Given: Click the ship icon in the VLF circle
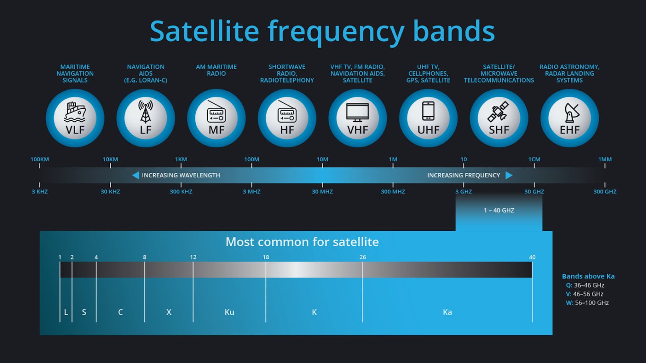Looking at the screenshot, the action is [75, 112].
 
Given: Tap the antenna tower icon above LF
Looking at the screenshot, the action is [146, 112].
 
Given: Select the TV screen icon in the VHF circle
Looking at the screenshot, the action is [358, 112].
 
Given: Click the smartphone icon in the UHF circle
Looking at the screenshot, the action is [428, 111].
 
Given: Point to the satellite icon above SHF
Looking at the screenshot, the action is [498, 112].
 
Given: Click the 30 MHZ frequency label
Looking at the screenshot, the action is [322, 192].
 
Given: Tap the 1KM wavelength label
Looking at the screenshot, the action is [181, 159].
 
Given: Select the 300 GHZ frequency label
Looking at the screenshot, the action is [605, 192].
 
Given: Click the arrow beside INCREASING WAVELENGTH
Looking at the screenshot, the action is [136, 175].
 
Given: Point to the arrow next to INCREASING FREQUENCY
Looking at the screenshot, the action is [509, 175].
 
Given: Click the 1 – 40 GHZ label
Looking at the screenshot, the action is [499, 210].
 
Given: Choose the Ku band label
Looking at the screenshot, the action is [229, 312].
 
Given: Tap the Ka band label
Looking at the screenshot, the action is [447, 312].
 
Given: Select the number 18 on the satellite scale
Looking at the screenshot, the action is [266, 257].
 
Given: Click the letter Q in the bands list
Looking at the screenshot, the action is [568, 285].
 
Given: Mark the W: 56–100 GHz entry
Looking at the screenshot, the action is [587, 303].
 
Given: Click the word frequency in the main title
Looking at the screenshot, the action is [336, 32].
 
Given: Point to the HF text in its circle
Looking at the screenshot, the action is [287, 130].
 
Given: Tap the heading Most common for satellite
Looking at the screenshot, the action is [302, 242].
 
